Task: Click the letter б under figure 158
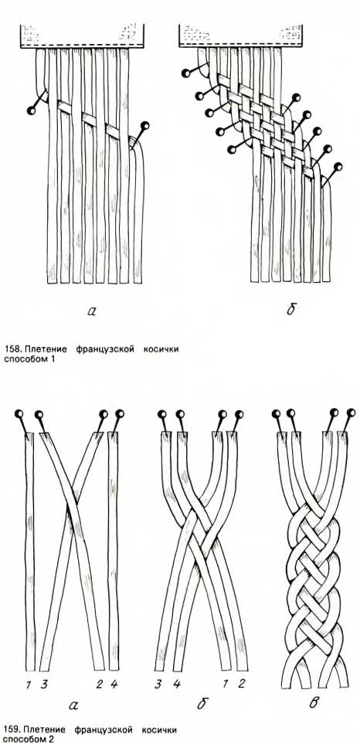(x=290, y=310)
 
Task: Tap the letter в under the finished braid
(x=314, y=702)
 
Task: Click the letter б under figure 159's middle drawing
(x=202, y=702)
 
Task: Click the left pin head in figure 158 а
(x=32, y=110)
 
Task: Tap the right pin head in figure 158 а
(x=145, y=126)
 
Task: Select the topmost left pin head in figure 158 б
(x=185, y=73)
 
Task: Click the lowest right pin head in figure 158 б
(x=338, y=167)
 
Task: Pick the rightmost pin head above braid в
(x=351, y=412)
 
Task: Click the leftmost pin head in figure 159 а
(x=20, y=413)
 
